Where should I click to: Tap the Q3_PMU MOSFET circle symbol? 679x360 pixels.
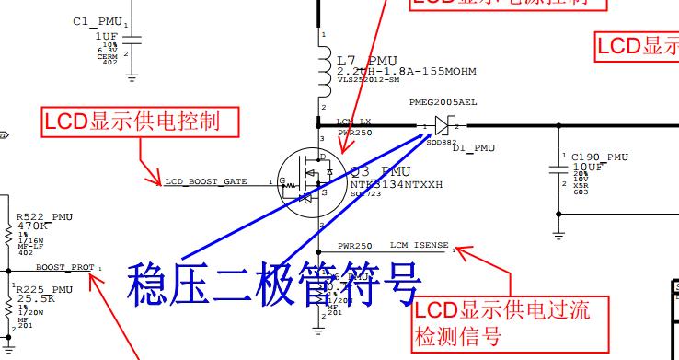tap(318, 181)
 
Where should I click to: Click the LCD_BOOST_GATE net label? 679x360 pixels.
tap(206, 181)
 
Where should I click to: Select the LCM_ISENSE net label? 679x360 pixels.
tap(419, 246)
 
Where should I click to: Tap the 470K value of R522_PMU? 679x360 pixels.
tap(33, 225)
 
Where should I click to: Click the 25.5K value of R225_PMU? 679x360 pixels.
tap(37, 299)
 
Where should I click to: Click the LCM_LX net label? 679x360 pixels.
tap(352, 122)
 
